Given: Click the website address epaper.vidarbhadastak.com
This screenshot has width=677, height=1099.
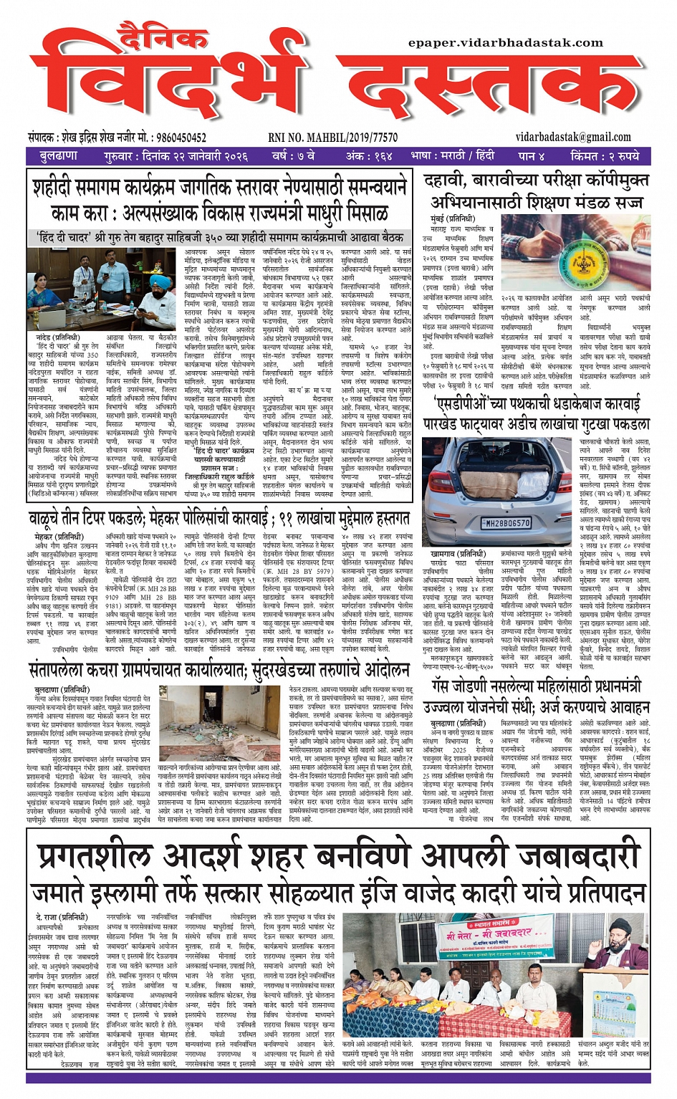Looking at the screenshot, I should [x=506, y=43].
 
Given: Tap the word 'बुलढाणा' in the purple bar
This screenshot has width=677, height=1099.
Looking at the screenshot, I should [x=59, y=155].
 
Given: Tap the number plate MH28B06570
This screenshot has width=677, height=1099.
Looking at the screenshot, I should [x=505, y=522].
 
